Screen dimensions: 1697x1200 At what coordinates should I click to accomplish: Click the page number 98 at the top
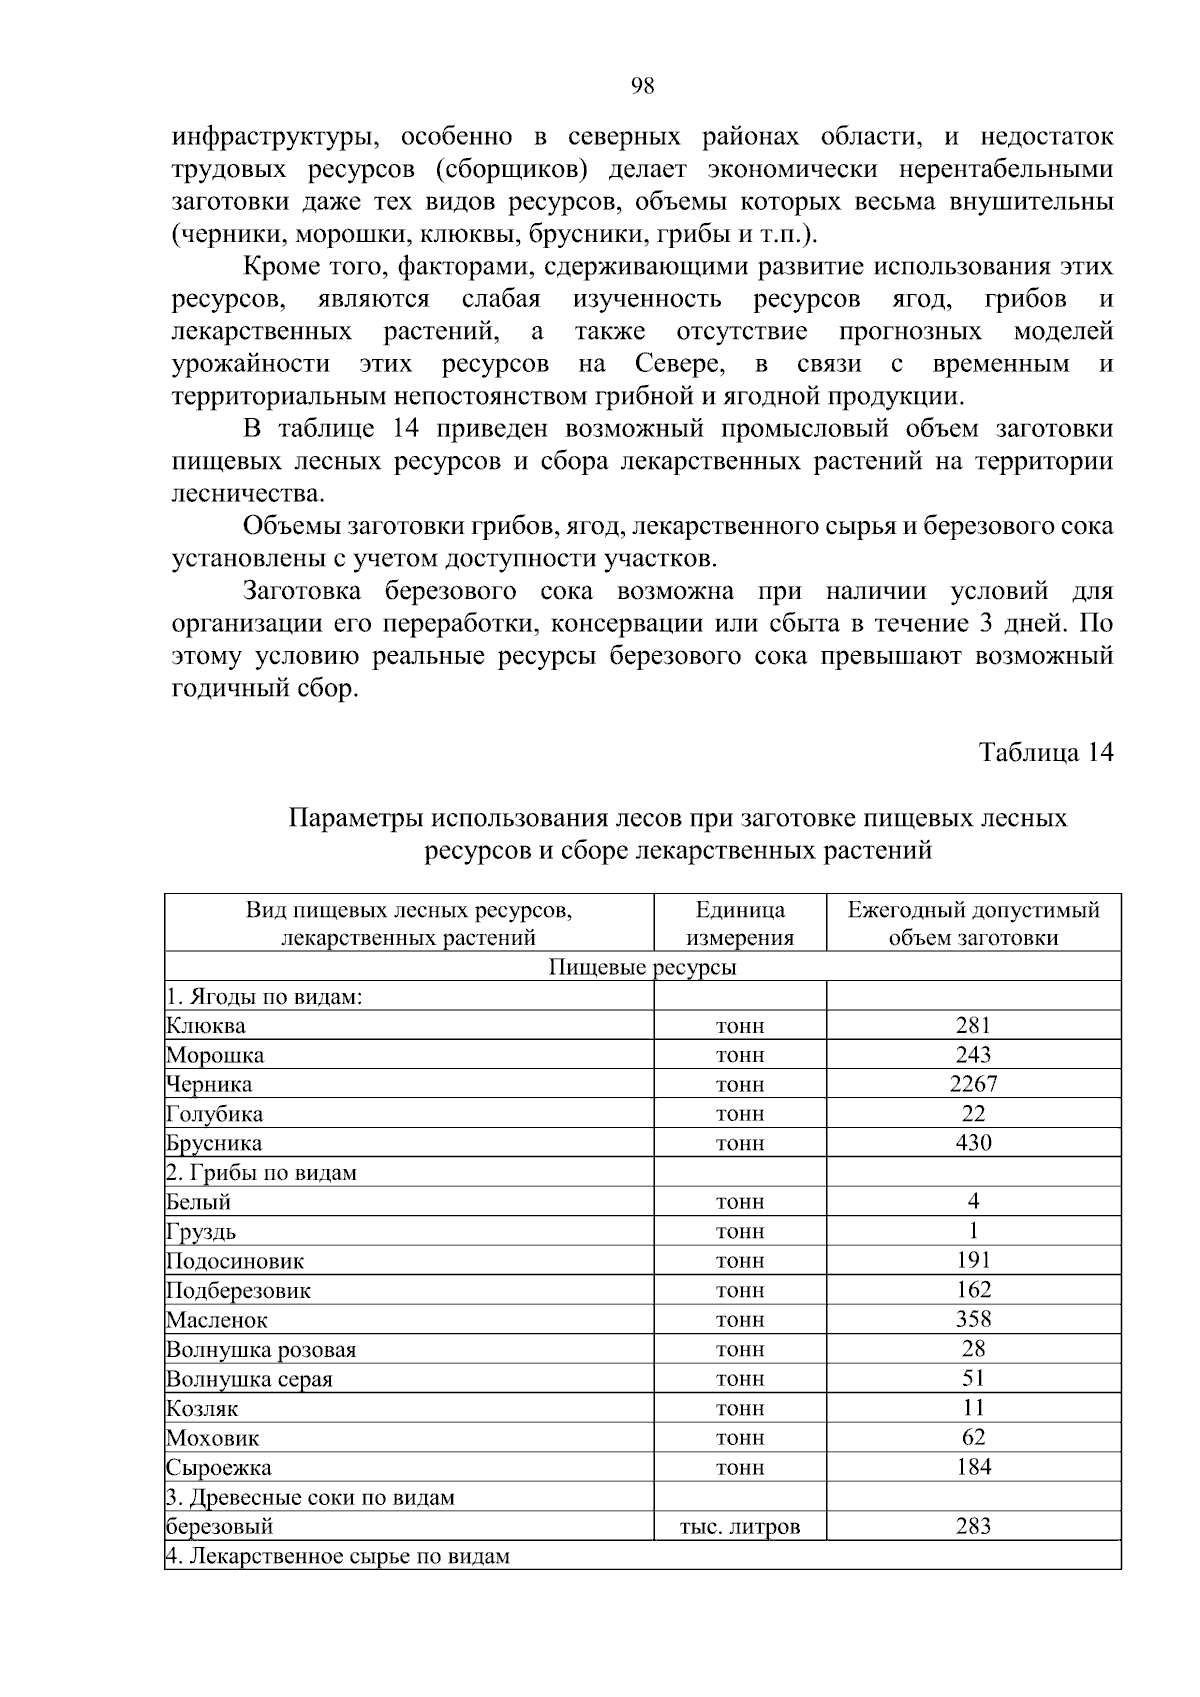click(x=643, y=86)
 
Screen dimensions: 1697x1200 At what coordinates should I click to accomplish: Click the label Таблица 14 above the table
click(x=1045, y=752)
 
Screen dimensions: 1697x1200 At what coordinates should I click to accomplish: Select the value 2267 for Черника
click(x=973, y=1083)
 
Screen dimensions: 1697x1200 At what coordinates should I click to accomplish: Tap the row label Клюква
click(x=206, y=1025)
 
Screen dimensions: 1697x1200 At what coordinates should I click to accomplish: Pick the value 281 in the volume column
click(x=973, y=1024)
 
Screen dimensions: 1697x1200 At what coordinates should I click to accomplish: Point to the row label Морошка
click(x=216, y=1055)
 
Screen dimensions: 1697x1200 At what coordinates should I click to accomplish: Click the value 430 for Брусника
click(x=973, y=1142)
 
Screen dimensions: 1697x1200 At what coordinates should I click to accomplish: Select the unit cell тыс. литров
click(x=740, y=1526)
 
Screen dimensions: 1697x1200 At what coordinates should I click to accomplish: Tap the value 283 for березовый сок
click(x=973, y=1525)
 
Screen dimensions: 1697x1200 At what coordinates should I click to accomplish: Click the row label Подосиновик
click(x=236, y=1261)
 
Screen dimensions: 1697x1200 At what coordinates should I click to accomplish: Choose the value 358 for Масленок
click(x=973, y=1319)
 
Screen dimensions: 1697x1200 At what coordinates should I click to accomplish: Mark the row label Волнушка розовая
click(x=261, y=1349)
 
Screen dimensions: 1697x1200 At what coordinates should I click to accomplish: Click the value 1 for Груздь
click(x=973, y=1231)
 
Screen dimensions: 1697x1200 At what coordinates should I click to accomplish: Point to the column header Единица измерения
click(x=740, y=923)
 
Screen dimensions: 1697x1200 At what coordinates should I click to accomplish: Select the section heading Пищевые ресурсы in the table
click(x=643, y=967)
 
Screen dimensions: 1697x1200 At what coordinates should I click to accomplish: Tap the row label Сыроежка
click(x=219, y=1467)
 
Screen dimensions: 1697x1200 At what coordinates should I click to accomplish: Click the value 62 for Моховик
click(x=973, y=1437)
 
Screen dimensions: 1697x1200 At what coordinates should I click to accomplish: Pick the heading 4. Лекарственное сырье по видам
click(x=338, y=1556)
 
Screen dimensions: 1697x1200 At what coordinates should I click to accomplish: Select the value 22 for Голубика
click(x=973, y=1113)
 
